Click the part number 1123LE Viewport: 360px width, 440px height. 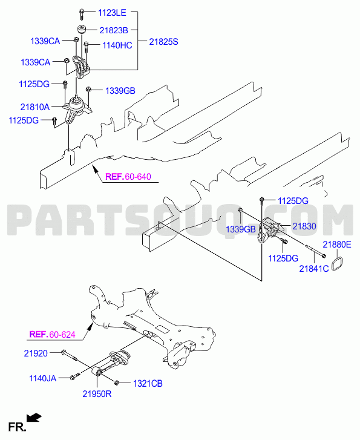(x=112, y=13)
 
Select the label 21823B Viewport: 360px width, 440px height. (x=113, y=30)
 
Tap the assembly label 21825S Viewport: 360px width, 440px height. (x=163, y=42)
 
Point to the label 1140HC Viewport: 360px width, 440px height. (x=117, y=45)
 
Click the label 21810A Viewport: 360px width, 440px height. (x=35, y=107)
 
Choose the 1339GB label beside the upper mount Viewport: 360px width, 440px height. (x=120, y=91)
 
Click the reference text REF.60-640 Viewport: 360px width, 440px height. (x=128, y=177)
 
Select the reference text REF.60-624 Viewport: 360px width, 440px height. (x=52, y=334)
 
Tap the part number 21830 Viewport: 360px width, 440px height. (x=304, y=226)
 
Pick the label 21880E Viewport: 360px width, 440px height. (x=337, y=245)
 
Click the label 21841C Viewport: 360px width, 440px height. (x=313, y=269)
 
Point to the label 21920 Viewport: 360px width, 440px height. (x=36, y=353)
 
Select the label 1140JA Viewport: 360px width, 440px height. (x=42, y=378)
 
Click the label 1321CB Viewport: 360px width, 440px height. (x=148, y=383)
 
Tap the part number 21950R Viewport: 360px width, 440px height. (x=97, y=393)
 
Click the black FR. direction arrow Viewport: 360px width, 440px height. (x=34, y=418)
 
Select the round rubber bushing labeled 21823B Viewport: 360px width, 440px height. (x=82, y=29)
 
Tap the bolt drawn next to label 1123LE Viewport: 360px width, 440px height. (x=81, y=15)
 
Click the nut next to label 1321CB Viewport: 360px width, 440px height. (x=117, y=382)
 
